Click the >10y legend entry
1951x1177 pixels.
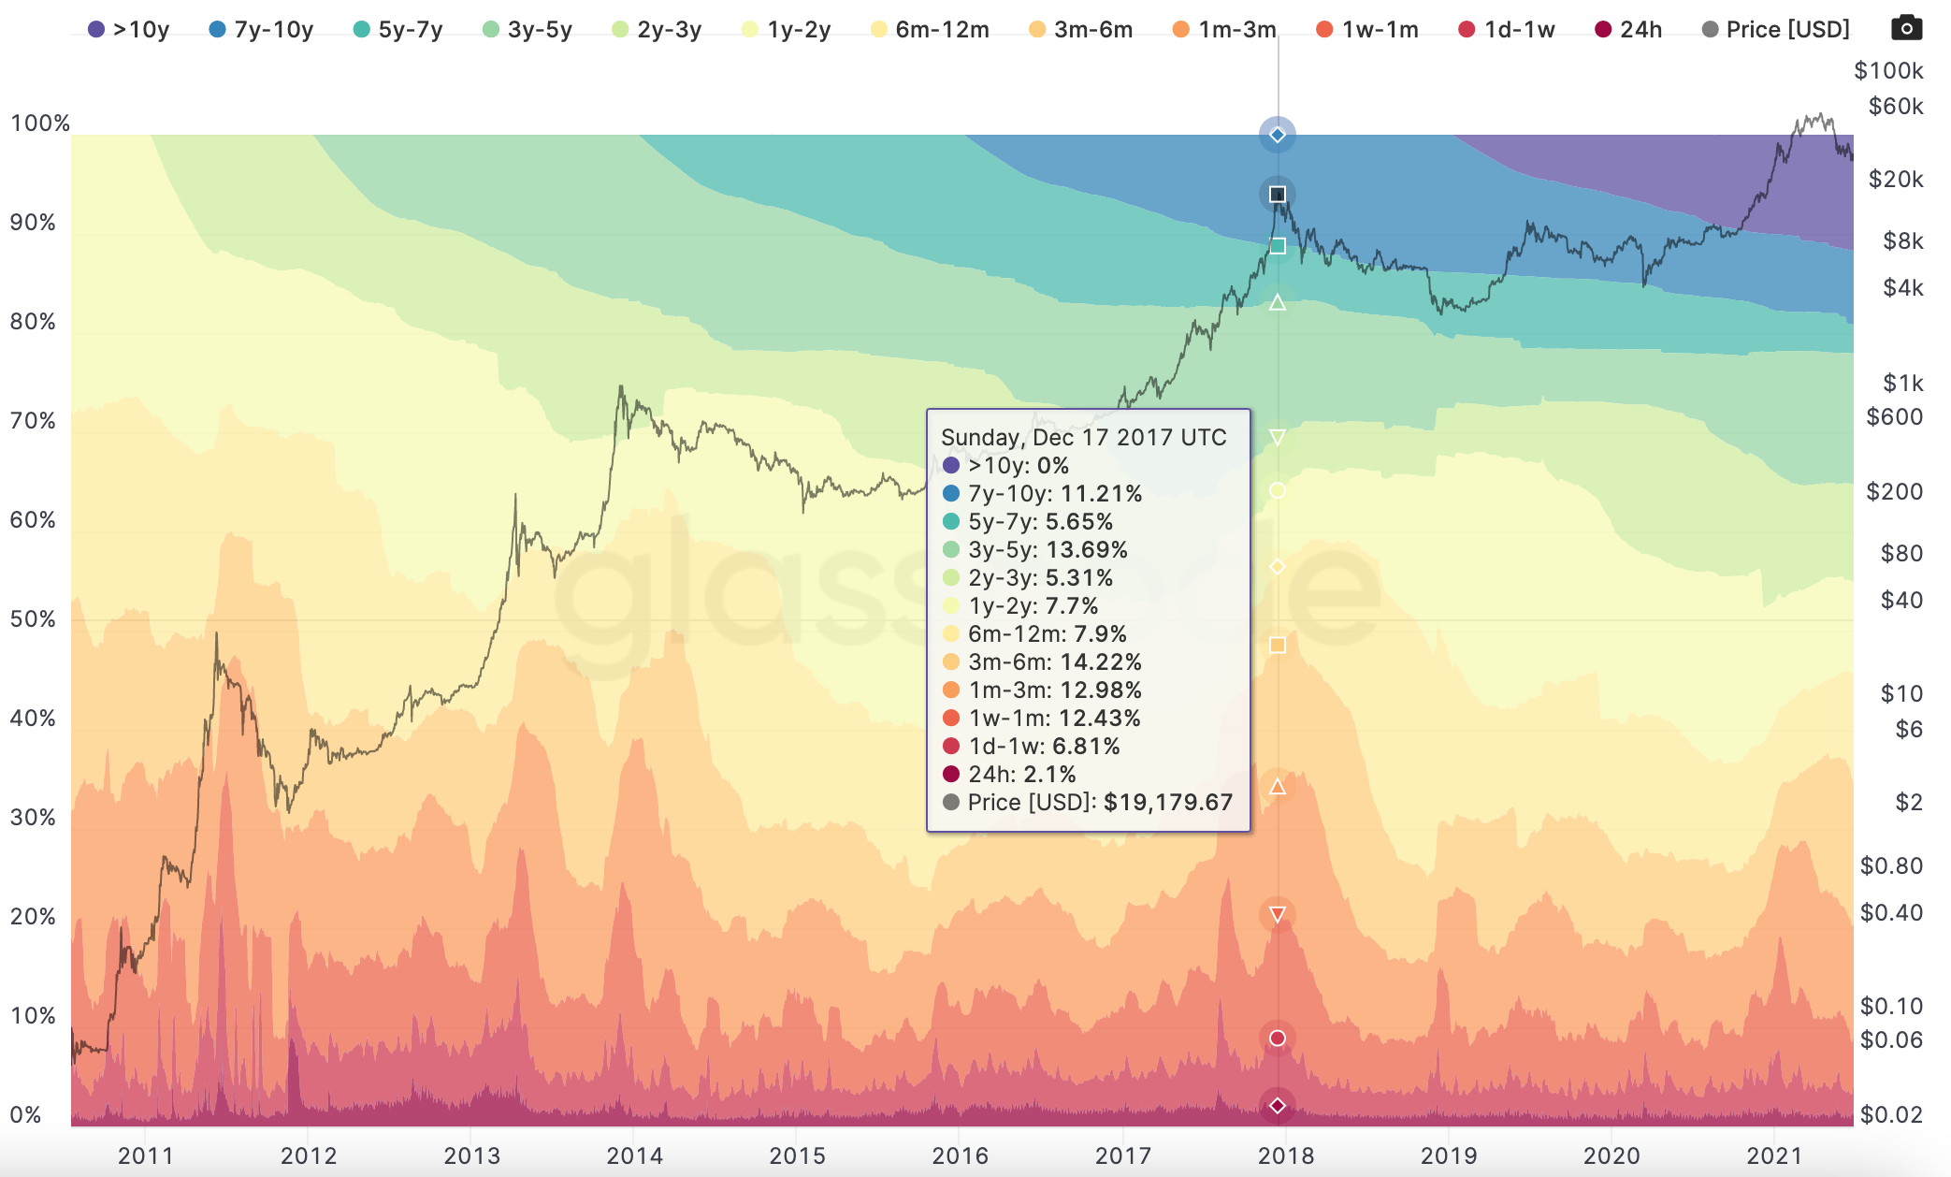click(128, 30)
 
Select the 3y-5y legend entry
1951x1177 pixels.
click(527, 30)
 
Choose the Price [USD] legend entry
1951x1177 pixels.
click(1776, 30)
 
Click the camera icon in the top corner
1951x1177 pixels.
click(1906, 28)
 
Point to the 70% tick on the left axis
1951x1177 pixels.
click(33, 421)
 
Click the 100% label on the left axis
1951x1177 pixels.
click(39, 124)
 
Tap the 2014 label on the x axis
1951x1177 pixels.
click(634, 1156)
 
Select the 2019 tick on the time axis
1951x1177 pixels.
click(1449, 1156)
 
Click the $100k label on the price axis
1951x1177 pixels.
click(1888, 71)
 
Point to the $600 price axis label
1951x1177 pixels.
click(1894, 417)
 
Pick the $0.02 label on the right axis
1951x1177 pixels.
click(1891, 1115)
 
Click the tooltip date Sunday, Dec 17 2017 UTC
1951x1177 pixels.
click(1083, 438)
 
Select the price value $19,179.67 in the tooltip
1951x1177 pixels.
click(1168, 803)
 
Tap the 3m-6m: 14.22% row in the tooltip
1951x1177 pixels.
click(1054, 662)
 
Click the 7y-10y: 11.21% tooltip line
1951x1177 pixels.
click(1054, 494)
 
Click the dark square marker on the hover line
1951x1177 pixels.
click(1278, 195)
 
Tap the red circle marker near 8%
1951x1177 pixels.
click(1278, 1038)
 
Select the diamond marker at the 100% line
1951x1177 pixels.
click(1278, 135)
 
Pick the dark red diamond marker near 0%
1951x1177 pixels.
click(1278, 1106)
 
